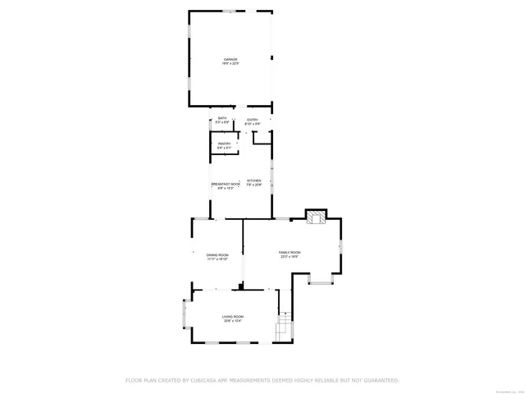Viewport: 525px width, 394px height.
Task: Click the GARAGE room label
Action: pos(231,60)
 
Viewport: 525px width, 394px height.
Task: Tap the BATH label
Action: pos(221,119)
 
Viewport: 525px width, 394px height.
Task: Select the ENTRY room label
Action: pos(253,119)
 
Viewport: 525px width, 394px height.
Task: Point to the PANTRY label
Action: pos(224,144)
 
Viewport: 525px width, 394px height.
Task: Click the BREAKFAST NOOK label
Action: pos(226,184)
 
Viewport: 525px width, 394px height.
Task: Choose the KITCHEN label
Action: pos(254,181)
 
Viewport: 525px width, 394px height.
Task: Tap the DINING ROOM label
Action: pos(217,255)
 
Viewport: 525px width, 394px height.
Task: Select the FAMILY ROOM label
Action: pos(290,252)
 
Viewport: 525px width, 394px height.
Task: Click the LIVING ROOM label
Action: pos(233,316)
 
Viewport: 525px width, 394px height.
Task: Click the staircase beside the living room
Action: pos(284,328)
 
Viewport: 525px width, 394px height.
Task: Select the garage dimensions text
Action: pos(231,65)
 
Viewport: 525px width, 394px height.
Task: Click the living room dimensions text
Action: pos(233,321)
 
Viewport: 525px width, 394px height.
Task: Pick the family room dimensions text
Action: pos(290,257)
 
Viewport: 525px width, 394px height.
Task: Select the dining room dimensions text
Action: pos(217,260)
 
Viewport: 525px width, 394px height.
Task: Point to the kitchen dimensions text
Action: pos(254,185)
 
